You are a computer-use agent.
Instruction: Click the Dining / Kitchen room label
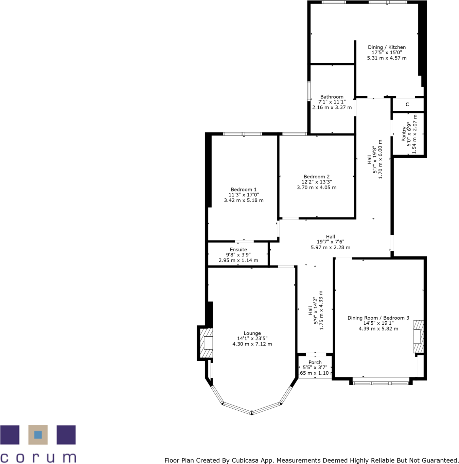[387, 47]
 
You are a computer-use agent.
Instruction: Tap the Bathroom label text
[332, 97]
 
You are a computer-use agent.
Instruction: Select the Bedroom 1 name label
[244, 190]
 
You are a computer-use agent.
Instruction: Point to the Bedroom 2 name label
[317, 177]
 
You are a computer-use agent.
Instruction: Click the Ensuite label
[238, 250]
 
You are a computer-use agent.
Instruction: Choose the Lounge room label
[252, 333]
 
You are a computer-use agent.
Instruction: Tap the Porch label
[315, 362]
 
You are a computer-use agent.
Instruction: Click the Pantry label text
[404, 134]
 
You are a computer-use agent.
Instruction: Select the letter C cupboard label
[407, 105]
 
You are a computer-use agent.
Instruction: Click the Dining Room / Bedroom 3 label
[378, 318]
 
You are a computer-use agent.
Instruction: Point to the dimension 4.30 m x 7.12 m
[252, 344]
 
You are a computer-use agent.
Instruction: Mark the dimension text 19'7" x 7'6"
[330, 242]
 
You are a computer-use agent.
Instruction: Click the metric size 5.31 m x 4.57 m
[387, 58]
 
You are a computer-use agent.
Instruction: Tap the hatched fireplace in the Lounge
[206, 343]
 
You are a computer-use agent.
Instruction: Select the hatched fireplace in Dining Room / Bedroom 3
[418, 336]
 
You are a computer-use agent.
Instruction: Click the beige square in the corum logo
[38, 435]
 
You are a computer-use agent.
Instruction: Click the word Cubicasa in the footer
[245, 461]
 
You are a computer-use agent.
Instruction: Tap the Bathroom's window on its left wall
[309, 91]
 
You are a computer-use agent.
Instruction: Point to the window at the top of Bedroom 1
[243, 134]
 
